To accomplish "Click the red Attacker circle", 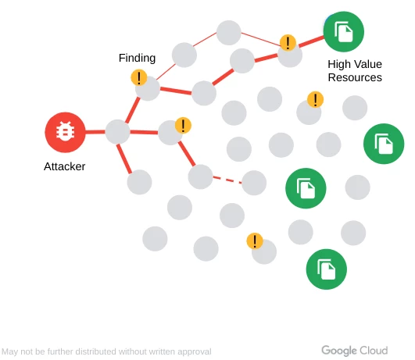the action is pyautogui.click(x=65, y=132).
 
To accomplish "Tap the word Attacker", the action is pyautogui.click(x=64, y=166).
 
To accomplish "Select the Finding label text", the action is pyautogui.click(x=137, y=58).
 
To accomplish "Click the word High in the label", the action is pyautogui.click(x=338, y=64).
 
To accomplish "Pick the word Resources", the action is pyautogui.click(x=355, y=77).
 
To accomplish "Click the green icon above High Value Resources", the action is pyautogui.click(x=344, y=32).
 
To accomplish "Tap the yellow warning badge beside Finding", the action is pyautogui.click(x=139, y=77).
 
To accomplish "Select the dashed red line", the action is pyautogui.click(x=227, y=180).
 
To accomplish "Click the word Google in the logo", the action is pyautogui.click(x=339, y=351).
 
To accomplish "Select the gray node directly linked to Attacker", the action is pyautogui.click(x=117, y=132).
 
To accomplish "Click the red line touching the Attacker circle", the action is pyautogui.click(x=95, y=132).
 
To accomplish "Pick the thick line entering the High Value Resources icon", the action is pyautogui.click(x=312, y=42).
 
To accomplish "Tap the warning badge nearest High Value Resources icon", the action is pyautogui.click(x=288, y=42).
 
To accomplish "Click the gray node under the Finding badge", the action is pyautogui.click(x=148, y=88).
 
